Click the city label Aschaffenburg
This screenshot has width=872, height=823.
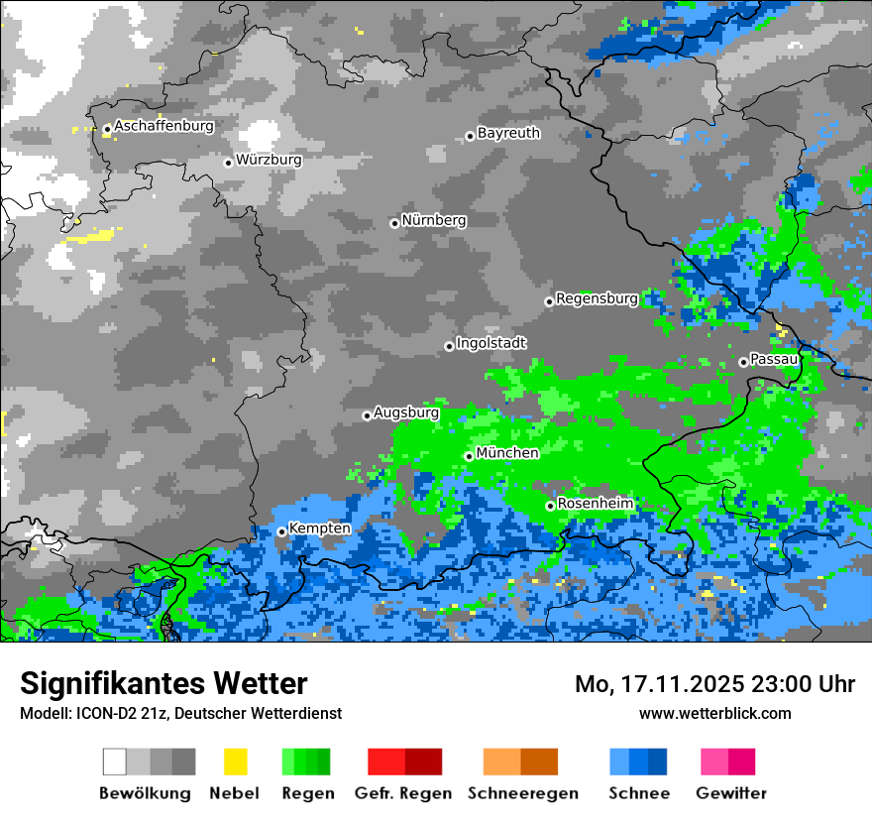(163, 126)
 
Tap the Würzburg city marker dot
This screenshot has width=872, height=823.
(228, 163)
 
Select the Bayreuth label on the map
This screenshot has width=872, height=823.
(508, 133)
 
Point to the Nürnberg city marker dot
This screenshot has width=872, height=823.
(394, 223)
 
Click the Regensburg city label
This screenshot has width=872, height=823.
(597, 298)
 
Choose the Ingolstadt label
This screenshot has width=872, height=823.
(491, 343)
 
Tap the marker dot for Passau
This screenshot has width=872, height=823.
(743, 362)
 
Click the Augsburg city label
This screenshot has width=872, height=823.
(406, 412)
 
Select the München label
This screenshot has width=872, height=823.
(507, 453)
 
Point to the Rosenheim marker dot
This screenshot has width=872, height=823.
(550, 506)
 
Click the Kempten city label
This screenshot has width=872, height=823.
(319, 529)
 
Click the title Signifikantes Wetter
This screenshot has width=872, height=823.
(163, 683)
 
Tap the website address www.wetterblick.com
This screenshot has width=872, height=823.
(714, 713)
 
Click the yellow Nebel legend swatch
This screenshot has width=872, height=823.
(235, 762)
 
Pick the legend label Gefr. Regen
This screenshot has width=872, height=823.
(403, 793)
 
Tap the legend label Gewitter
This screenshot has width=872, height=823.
(731, 793)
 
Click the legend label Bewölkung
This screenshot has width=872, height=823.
(145, 793)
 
